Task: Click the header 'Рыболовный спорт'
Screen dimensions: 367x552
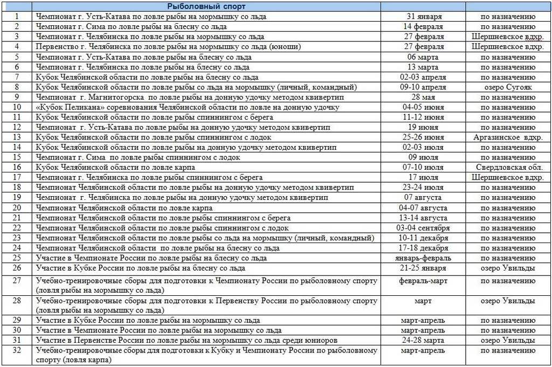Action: pos(206,6)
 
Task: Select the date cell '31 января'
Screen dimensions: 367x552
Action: pos(423,17)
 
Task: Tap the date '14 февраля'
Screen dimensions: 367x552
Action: pos(423,26)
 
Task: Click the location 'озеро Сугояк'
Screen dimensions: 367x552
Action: pos(508,87)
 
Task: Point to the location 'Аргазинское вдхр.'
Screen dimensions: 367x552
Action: pos(508,137)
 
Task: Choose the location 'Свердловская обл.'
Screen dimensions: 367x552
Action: pos(508,168)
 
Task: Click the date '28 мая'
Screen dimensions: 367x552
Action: pos(423,97)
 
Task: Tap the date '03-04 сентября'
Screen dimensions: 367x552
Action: pos(423,228)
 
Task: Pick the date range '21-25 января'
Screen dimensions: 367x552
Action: pos(423,268)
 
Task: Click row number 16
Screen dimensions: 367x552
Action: pos(17,168)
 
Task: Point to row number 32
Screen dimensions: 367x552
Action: pos(17,350)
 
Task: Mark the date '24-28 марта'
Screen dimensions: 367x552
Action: pos(423,340)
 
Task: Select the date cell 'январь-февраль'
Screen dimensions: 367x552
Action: pos(423,258)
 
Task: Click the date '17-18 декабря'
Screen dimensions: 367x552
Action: pos(423,248)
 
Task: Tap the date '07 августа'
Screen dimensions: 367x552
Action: pos(423,198)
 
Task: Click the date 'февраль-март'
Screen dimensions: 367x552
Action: pos(423,281)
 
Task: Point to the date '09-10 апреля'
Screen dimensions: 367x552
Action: pos(423,87)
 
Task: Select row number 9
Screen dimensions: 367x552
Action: pos(17,97)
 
